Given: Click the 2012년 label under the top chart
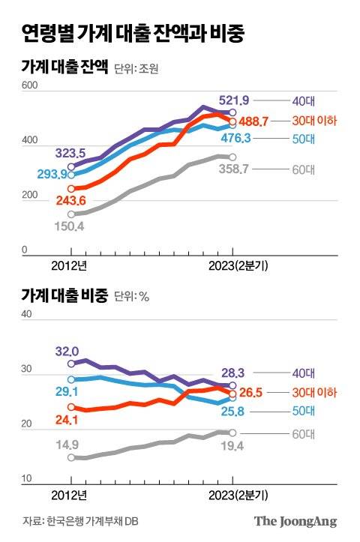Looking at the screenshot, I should [x=70, y=265].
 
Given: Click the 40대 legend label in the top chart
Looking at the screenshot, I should [x=304, y=100].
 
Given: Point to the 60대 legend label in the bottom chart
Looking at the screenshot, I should [x=304, y=433].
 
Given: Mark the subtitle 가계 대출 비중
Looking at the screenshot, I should [x=64, y=295].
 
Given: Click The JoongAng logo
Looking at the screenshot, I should [x=295, y=522].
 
